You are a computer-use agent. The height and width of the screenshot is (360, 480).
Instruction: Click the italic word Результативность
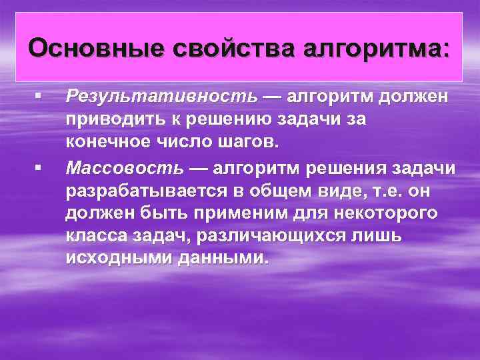(161, 97)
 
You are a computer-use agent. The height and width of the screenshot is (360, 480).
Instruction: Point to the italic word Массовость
(123, 169)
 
